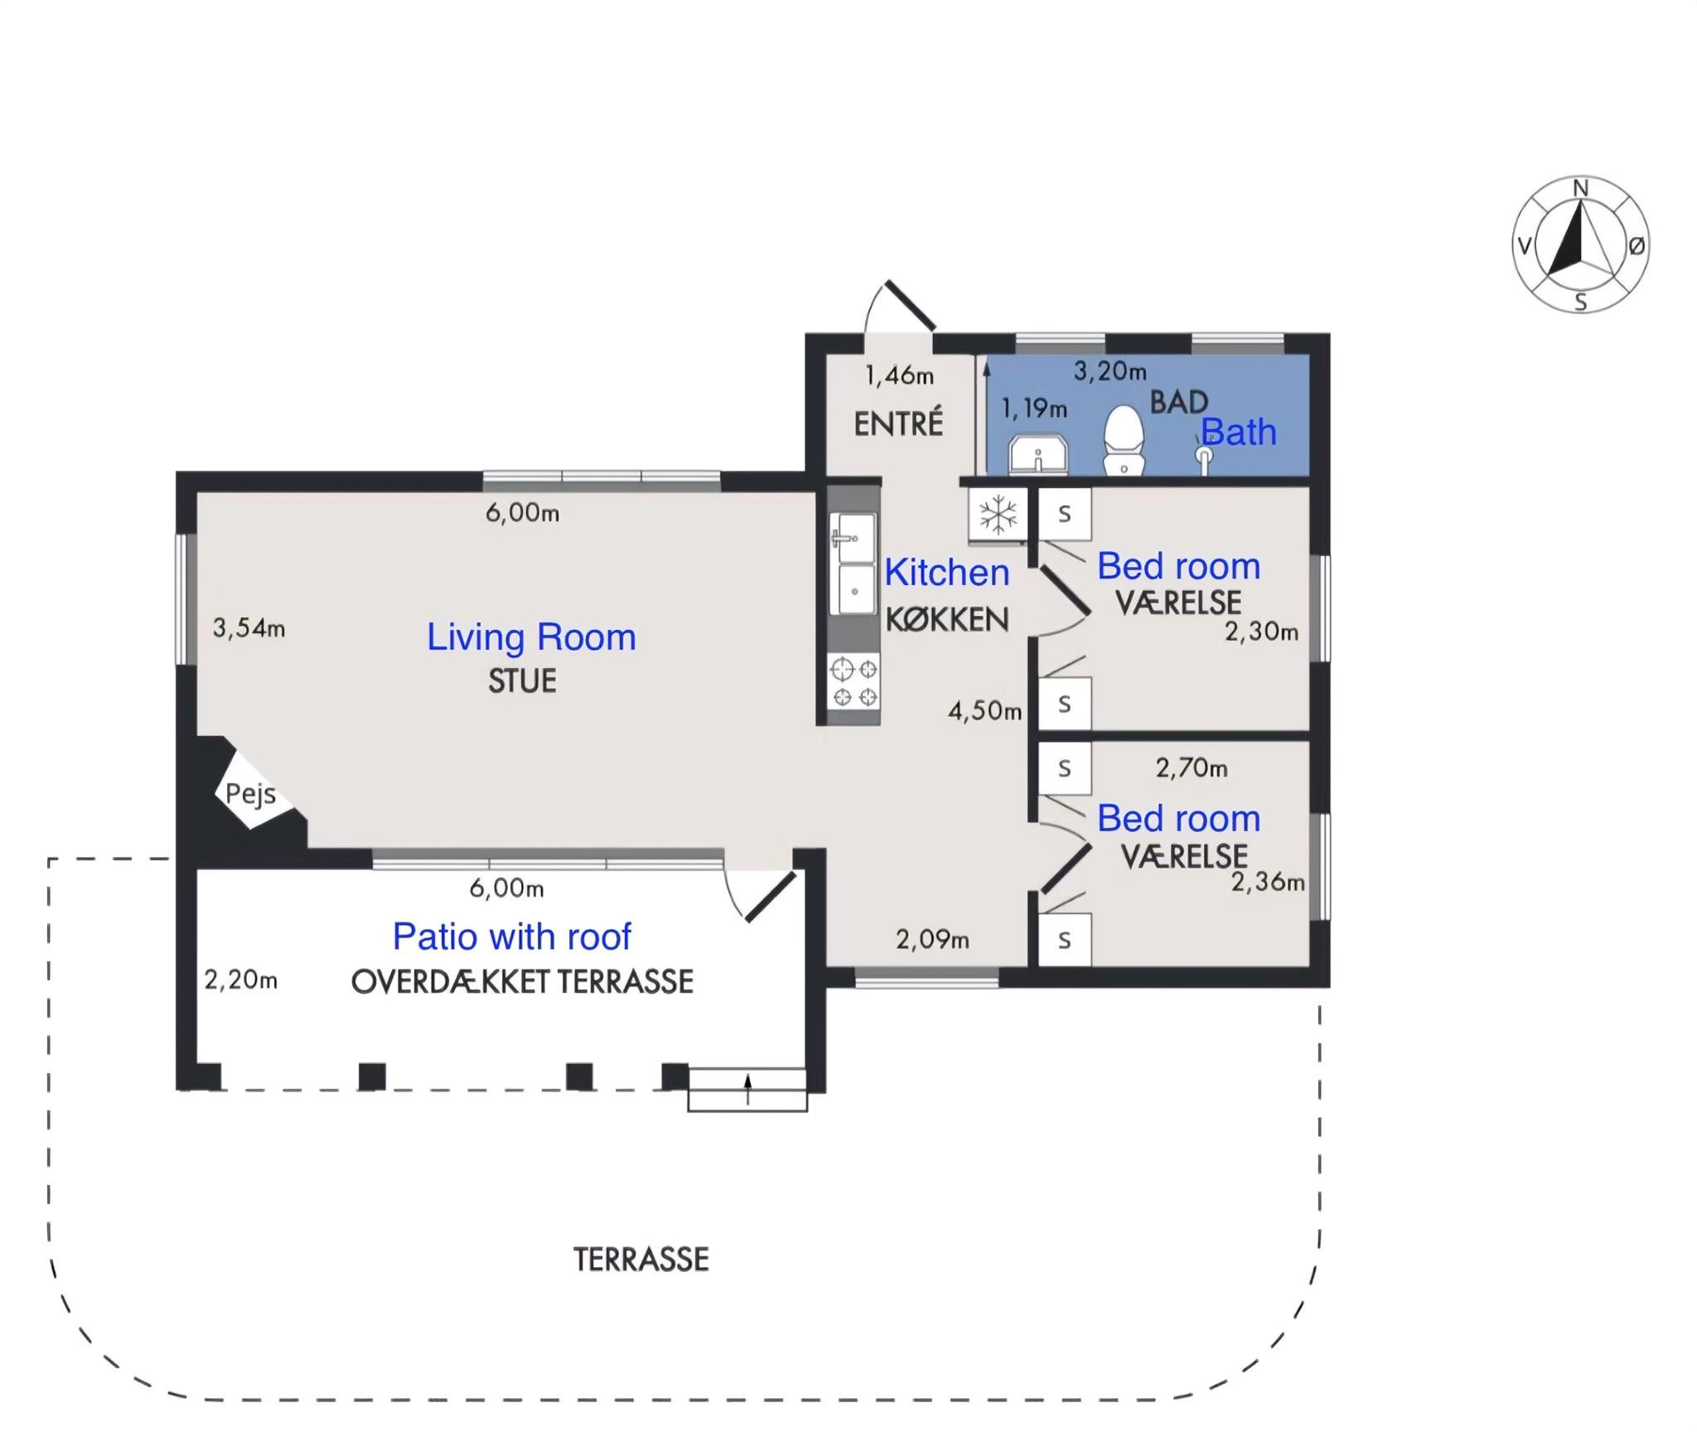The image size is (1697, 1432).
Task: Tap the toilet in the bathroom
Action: click(1124, 440)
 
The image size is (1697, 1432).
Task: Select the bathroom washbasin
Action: click(1038, 455)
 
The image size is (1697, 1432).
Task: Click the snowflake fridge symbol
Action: click(998, 515)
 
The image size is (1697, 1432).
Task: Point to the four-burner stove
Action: click(853, 682)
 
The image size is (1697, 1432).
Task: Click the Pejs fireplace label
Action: click(250, 795)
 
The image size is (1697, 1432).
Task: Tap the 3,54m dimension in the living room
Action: click(249, 628)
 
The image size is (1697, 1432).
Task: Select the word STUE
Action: click(522, 681)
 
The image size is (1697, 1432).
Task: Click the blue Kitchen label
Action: click(947, 573)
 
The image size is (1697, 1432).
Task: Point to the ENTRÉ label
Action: click(898, 423)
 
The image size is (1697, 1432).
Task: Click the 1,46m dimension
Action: click(900, 376)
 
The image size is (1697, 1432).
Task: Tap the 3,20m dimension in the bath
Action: click(1110, 371)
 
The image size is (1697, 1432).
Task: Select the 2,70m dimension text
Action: click(1192, 768)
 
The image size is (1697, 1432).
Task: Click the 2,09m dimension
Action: click(932, 940)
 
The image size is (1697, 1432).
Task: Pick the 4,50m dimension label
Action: click(985, 711)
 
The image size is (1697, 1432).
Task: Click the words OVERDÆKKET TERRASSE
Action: click(522, 982)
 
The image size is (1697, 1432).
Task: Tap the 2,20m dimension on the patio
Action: click(241, 980)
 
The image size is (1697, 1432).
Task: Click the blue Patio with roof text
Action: click(512, 937)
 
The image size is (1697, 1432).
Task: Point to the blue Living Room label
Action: click(531, 637)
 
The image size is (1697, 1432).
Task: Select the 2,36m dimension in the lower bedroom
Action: click(1268, 882)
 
